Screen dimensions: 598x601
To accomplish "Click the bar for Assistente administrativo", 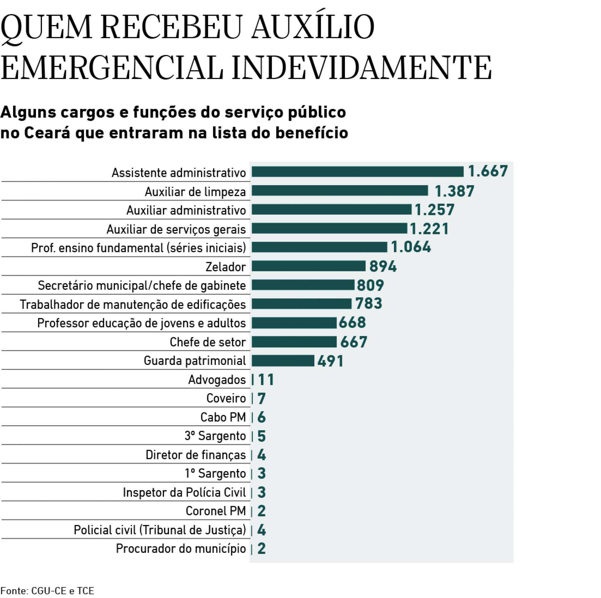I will pos(357,172).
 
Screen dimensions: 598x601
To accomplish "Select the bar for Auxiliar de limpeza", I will pos(340,191).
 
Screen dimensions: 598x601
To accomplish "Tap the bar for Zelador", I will pos(308,266).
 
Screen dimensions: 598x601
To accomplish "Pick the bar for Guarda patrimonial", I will pos(283,360).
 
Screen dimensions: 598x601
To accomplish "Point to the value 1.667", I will pos(488,171).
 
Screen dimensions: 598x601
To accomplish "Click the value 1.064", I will pos(411,247).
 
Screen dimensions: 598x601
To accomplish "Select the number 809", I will pos(370,285).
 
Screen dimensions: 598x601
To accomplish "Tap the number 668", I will pos(352,323).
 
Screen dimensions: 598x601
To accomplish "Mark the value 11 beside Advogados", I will pos(266,380).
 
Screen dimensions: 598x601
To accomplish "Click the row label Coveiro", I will pos(226,398).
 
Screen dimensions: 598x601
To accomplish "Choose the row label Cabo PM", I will pos(223,417).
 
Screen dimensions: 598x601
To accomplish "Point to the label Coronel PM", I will pos(216,511).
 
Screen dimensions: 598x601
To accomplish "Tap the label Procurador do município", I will pos(181,549).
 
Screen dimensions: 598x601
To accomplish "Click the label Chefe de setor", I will pos(208,342).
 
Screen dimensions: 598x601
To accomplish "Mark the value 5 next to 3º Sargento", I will pos(262,436).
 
